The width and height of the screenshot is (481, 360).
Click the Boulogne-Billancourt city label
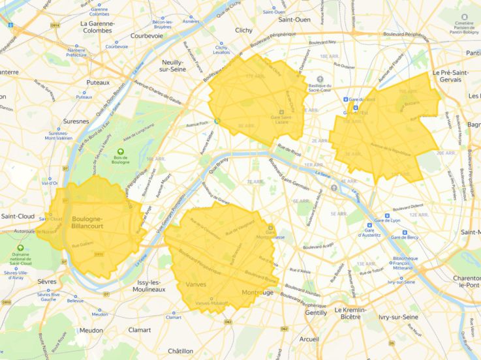click(x=87, y=222)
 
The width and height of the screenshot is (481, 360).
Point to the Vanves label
click(x=196, y=285)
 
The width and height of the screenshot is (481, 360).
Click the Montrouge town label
click(x=258, y=293)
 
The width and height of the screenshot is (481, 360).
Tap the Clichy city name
click(x=243, y=30)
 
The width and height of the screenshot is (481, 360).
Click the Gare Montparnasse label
click(x=270, y=233)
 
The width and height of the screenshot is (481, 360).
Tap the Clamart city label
click(x=139, y=330)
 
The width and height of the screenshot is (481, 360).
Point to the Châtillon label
click(x=180, y=351)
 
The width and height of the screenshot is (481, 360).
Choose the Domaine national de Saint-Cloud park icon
click(x=20, y=248)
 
